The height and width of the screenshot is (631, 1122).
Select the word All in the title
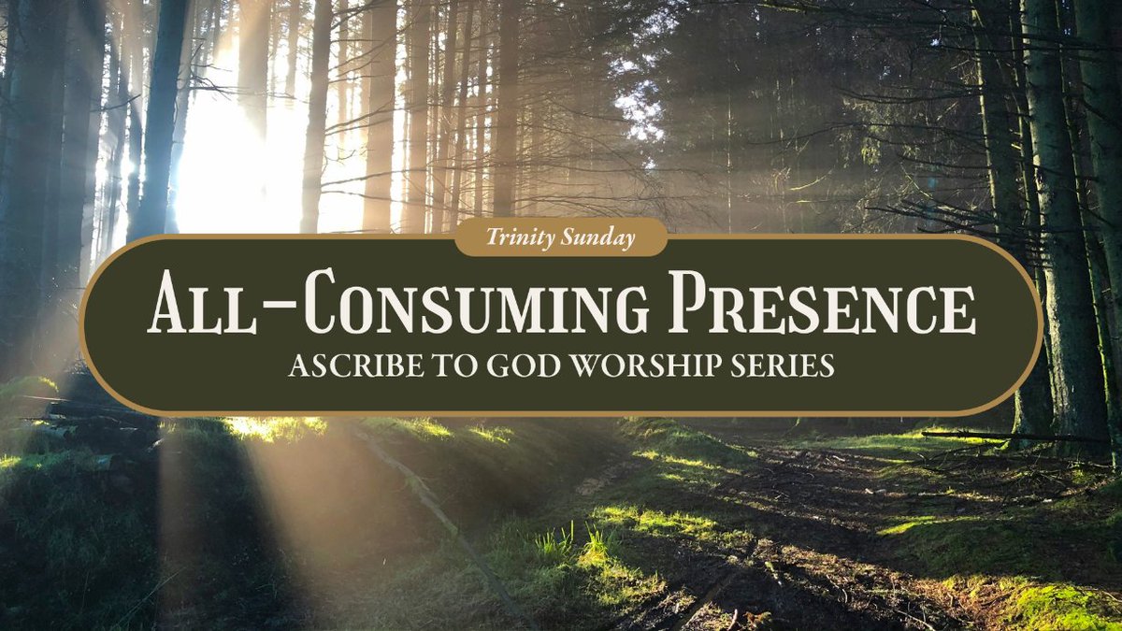[x=192, y=306]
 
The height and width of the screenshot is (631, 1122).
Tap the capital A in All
[x=169, y=305]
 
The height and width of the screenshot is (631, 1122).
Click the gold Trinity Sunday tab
[x=561, y=238]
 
